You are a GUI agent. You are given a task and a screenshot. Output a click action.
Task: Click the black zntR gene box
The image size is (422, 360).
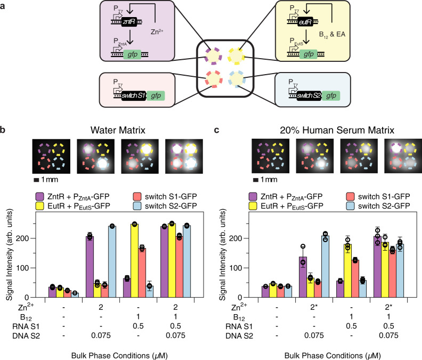123,20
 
